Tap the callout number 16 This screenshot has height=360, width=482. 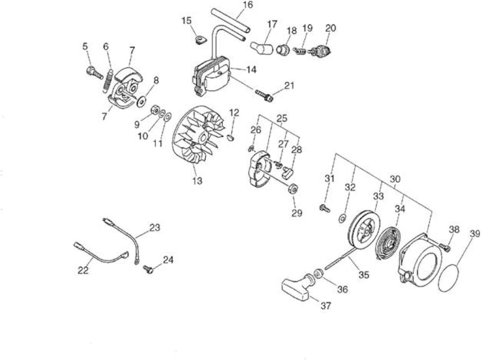pyautogui.click(x=248, y=5)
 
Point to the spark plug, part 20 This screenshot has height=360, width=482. pyautogui.click(x=320, y=51)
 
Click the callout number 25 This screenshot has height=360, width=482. pyautogui.click(x=282, y=119)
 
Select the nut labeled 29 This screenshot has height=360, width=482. pyautogui.click(x=293, y=188)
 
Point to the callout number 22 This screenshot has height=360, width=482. pyautogui.click(x=83, y=270)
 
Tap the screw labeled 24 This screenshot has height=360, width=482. pyautogui.click(x=148, y=269)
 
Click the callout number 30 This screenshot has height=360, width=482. pyautogui.click(x=395, y=179)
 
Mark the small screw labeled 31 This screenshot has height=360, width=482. pyautogui.click(x=325, y=208)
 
